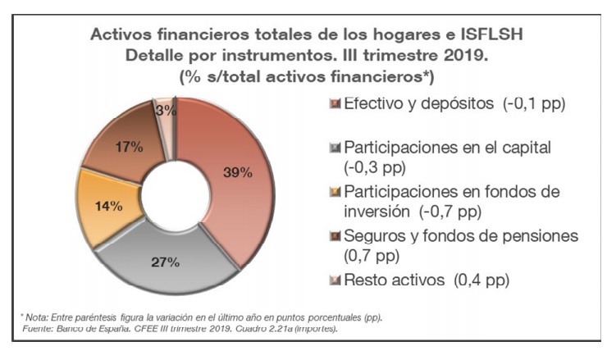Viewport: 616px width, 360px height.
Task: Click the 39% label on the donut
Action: click(x=238, y=172)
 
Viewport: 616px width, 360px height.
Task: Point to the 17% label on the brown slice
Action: click(x=130, y=148)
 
